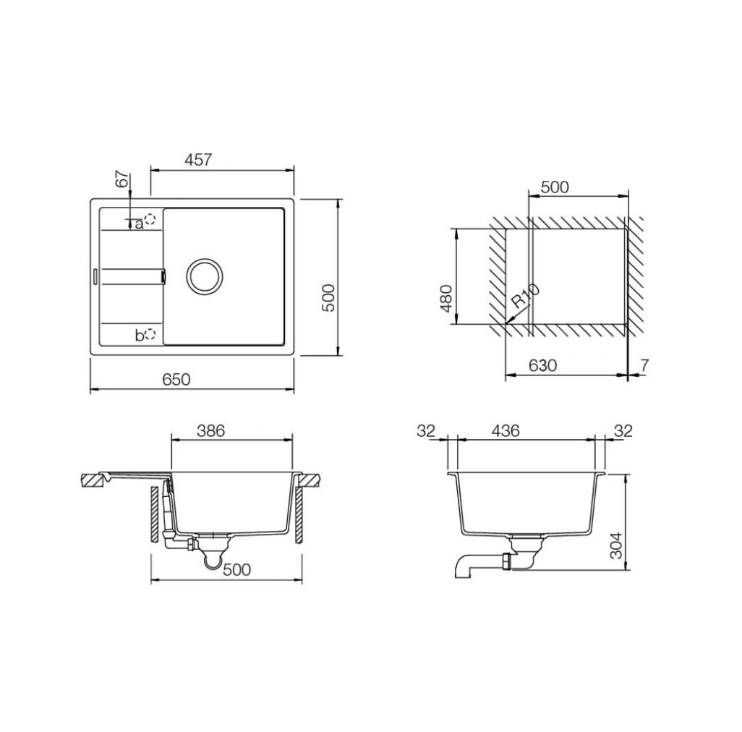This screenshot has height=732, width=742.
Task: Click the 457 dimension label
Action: (198, 160)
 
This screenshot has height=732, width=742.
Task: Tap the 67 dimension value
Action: (122, 180)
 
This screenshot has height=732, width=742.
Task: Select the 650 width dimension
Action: (176, 380)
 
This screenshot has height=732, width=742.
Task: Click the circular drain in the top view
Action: (205, 276)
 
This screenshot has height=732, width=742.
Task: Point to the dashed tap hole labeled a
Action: (150, 220)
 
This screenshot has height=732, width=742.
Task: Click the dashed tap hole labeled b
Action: (150, 334)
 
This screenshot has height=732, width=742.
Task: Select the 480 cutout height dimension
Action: (445, 299)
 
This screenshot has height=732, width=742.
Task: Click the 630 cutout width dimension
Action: (542, 365)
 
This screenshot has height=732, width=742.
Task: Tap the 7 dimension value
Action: (644, 365)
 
